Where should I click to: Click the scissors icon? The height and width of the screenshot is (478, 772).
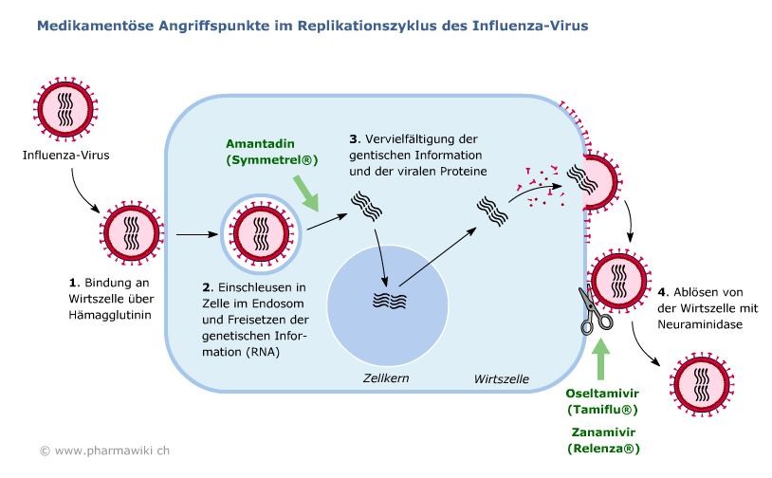pos(595,310)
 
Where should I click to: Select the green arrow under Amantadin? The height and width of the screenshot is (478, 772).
pos(306,193)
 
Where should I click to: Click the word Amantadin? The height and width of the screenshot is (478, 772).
pos(260,144)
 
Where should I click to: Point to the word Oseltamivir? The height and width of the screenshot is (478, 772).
pos(602,394)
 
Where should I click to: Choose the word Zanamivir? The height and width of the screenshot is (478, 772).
pos(603,432)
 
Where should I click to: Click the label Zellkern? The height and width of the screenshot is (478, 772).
pos(386,378)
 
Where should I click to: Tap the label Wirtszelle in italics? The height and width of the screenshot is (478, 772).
pos(501,379)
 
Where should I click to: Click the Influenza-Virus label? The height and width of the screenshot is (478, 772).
pos(66,156)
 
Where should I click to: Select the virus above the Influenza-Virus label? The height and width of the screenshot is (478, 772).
pos(65,108)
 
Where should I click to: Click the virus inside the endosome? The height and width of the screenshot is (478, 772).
pos(261,233)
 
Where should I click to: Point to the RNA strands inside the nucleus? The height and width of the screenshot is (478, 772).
pos(390,301)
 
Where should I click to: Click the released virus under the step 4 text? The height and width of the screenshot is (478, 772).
pos(701,384)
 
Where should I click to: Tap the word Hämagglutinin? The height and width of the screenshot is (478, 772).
pos(110,315)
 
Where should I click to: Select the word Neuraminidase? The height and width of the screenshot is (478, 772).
pos(700,324)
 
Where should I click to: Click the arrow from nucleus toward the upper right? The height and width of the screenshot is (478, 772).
pos(438,256)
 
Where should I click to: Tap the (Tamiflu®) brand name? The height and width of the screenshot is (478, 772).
pos(602,410)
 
